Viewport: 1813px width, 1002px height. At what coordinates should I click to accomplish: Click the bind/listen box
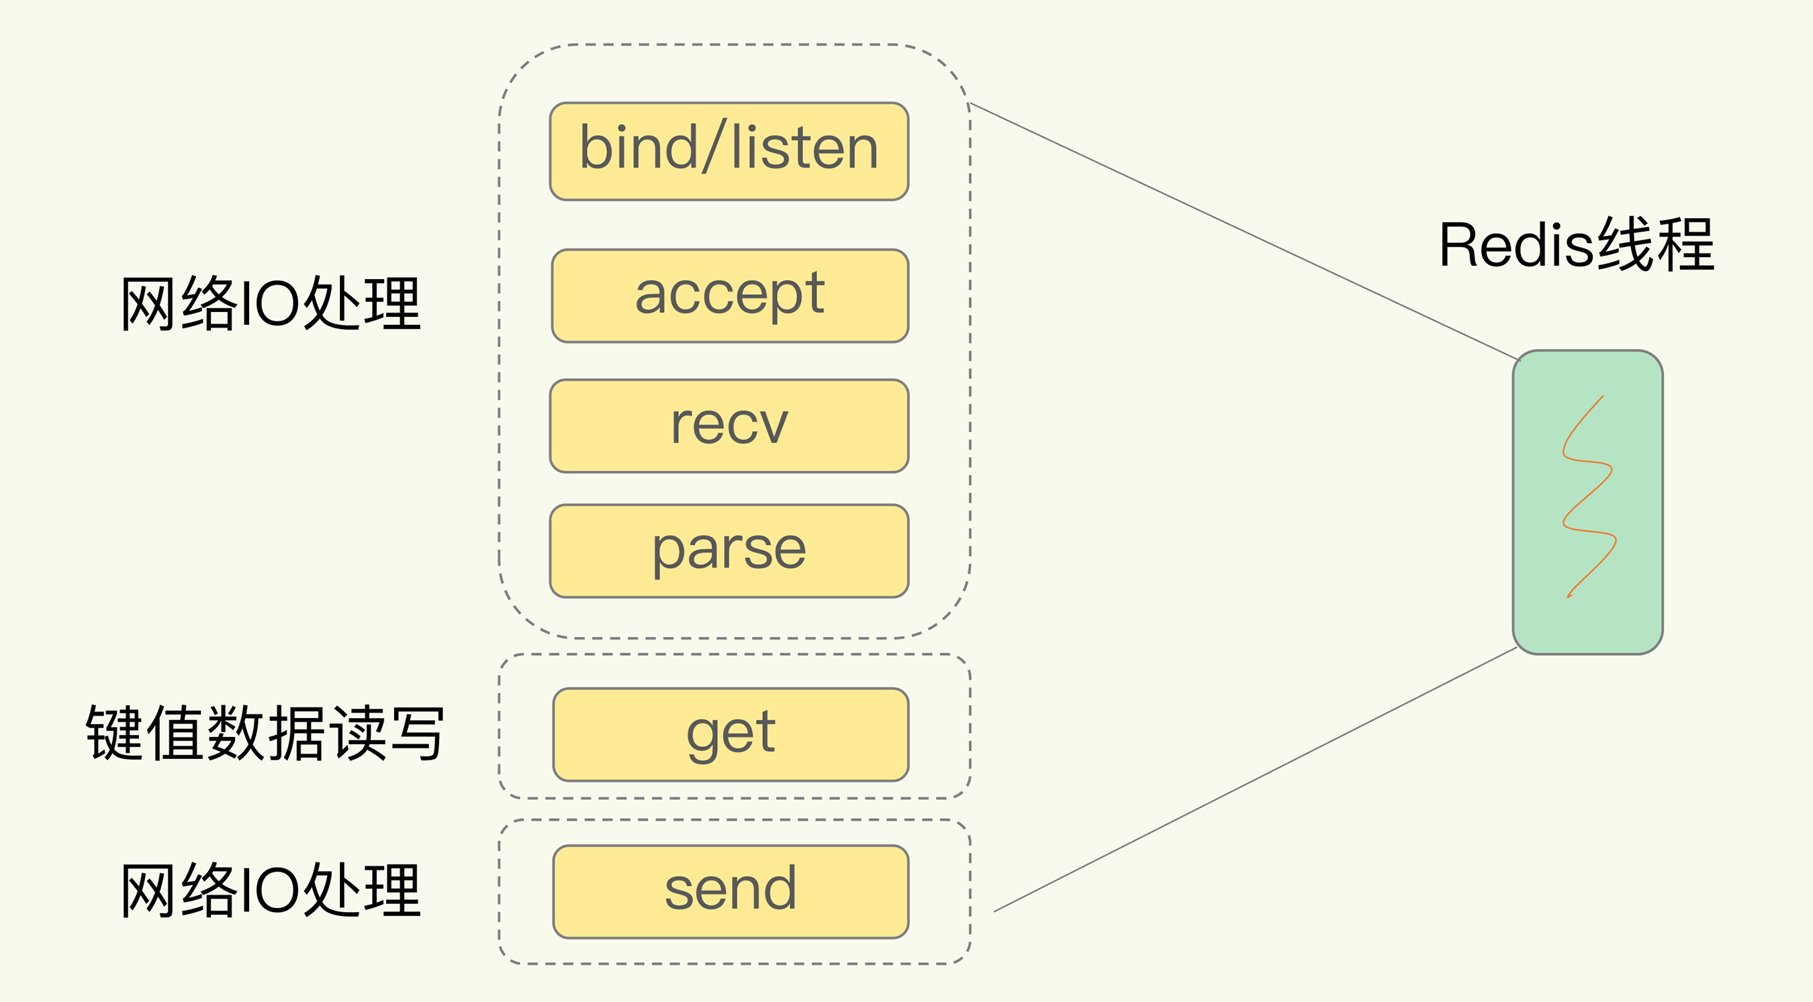tap(729, 151)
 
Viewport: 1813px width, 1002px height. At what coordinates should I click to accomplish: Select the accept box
tap(730, 295)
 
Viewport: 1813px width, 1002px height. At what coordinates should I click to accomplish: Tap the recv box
tap(729, 425)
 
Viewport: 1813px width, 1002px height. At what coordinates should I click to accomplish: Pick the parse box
tap(729, 551)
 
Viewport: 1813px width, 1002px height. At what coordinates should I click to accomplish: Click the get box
tap(731, 735)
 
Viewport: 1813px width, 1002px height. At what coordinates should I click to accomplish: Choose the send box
tap(731, 891)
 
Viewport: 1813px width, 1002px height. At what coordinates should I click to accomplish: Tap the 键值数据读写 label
tap(265, 733)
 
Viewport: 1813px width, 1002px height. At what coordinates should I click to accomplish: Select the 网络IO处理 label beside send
tap(271, 891)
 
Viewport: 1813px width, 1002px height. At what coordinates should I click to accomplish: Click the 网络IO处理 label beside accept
tap(271, 304)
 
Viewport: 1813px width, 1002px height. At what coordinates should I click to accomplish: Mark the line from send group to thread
tap(1253, 781)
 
